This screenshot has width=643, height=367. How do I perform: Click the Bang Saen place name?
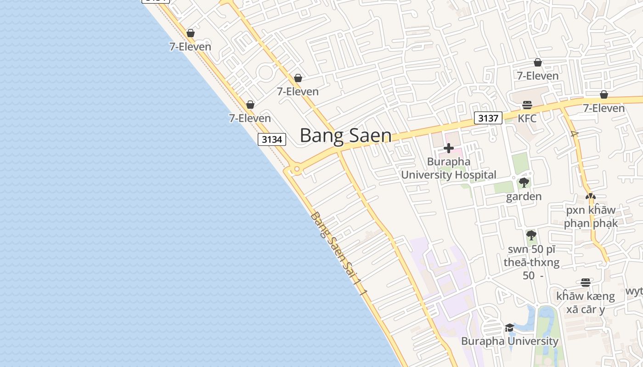345,136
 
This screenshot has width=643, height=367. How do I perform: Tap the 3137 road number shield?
488,118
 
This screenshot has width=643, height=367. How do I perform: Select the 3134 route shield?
272,139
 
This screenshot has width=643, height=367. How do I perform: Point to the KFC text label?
527,118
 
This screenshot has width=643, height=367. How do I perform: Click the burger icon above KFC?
527,105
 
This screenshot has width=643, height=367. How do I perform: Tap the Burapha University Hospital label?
449,168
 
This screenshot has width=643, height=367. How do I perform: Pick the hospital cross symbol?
449,148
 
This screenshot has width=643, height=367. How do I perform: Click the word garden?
524,197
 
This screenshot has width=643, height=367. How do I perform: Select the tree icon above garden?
524,183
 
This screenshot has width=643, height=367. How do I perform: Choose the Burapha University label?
509,341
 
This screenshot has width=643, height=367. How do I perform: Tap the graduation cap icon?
509,328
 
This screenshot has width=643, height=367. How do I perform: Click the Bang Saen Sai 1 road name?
339,253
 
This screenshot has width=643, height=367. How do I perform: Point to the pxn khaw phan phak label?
591,217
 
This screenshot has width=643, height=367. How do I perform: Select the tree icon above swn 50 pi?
531,236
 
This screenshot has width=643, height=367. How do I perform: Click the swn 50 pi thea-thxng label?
531,262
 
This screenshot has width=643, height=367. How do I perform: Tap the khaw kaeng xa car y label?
585,303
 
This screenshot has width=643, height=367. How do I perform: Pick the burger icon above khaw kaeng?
585,283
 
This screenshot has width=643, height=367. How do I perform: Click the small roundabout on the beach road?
297,169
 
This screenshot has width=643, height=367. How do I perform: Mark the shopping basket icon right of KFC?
604,95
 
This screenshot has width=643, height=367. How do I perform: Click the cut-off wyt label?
635,291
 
